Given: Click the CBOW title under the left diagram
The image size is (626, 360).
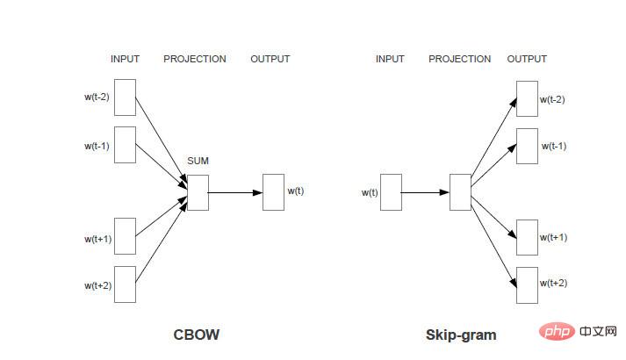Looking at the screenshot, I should pyautogui.click(x=197, y=335).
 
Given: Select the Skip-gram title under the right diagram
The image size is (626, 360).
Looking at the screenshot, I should pyautogui.click(x=461, y=335).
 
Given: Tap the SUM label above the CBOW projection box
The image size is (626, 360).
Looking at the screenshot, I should pyautogui.click(x=197, y=162).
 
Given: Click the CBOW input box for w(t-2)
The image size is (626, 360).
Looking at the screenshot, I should pyautogui.click(x=126, y=97).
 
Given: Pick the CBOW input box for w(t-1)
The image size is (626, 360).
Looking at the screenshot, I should pyautogui.click(x=126, y=145).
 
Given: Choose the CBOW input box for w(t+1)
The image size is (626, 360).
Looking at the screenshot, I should pyautogui.click(x=126, y=236).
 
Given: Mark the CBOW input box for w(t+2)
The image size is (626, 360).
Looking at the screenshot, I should pyautogui.click(x=126, y=284).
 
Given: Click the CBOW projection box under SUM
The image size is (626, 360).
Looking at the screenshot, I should pyautogui.click(x=198, y=192).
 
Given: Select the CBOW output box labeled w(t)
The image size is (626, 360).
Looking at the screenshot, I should pyautogui.click(x=273, y=191).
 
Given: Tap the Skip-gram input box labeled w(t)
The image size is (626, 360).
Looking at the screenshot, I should pyautogui.click(x=391, y=191).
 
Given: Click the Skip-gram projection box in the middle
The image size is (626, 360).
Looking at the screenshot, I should pyautogui.click(x=460, y=191).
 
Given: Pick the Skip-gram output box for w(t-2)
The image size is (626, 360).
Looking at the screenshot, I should pyautogui.click(x=526, y=98).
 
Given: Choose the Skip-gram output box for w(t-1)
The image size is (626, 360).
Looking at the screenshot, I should pyautogui.click(x=526, y=146).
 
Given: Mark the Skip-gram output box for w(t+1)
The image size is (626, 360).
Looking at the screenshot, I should pyautogui.click(x=526, y=237).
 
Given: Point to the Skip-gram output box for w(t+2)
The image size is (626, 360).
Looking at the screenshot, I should pyautogui.click(x=526, y=284).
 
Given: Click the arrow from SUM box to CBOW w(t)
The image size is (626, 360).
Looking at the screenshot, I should pyautogui.click(x=235, y=192).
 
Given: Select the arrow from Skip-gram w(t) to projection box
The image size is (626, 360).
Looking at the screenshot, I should pyautogui.click(x=425, y=192).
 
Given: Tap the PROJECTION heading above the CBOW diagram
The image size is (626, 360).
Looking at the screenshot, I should pyautogui.click(x=195, y=59).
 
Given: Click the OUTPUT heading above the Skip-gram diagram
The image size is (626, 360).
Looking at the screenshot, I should pyautogui.click(x=527, y=59).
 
